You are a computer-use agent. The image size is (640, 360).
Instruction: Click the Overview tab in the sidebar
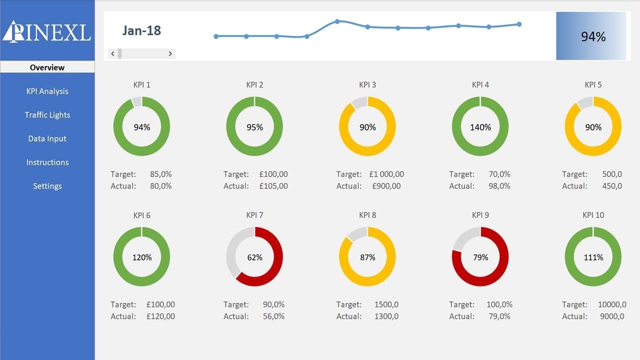47,67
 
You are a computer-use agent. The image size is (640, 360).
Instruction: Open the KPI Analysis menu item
47,91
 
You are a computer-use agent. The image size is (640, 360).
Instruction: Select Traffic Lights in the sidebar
47,115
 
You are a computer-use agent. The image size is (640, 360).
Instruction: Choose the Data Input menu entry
47,138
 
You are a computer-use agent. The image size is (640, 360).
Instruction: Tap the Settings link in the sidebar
47,186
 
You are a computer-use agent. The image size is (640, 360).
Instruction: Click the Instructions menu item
47,162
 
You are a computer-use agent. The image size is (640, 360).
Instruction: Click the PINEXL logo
46,31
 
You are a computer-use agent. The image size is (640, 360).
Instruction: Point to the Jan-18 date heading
141,30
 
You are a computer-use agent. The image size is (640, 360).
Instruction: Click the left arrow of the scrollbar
113,53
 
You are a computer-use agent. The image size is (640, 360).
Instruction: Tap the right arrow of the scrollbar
170,53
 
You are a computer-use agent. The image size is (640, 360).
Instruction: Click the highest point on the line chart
337,21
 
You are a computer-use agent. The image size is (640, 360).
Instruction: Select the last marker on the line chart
519,24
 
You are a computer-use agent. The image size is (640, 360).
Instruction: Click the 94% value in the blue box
593,36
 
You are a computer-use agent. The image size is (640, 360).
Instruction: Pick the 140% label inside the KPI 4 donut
480,127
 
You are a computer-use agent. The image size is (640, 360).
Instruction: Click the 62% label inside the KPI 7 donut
254,257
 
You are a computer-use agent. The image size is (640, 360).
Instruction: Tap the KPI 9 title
480,215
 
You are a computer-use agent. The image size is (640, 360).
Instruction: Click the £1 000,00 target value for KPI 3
386,174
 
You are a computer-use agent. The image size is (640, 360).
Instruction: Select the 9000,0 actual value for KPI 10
611,316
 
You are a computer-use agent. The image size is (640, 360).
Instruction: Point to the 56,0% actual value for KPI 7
273,316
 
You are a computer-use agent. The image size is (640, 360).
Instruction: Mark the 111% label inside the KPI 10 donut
593,257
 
